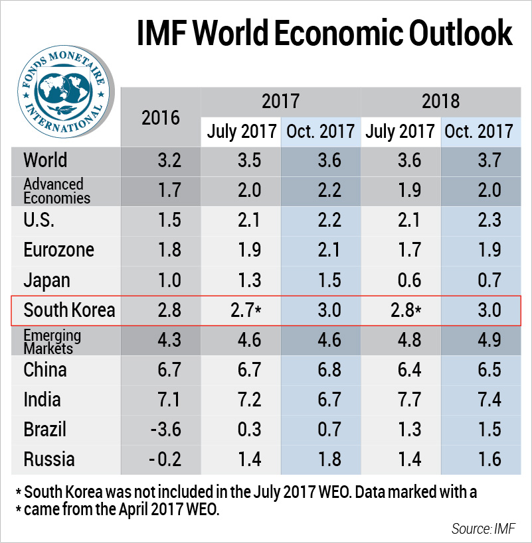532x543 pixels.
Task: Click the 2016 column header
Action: pyautogui.click(x=161, y=118)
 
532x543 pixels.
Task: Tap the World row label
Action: pyautogui.click(x=45, y=160)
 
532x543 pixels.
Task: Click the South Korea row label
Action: pyautogui.click(x=69, y=310)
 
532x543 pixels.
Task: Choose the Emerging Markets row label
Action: pyautogui.click(x=52, y=339)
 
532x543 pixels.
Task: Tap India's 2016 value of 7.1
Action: pyautogui.click(x=161, y=399)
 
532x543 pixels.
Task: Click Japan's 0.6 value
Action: pyautogui.click(x=401, y=280)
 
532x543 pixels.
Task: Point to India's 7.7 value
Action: pyautogui.click(x=401, y=399)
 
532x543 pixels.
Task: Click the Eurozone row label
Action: pyautogui.click(x=58, y=250)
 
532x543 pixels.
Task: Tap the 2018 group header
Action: pyautogui.click(x=440, y=101)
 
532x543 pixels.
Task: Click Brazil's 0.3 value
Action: pyautogui.click(x=241, y=429)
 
